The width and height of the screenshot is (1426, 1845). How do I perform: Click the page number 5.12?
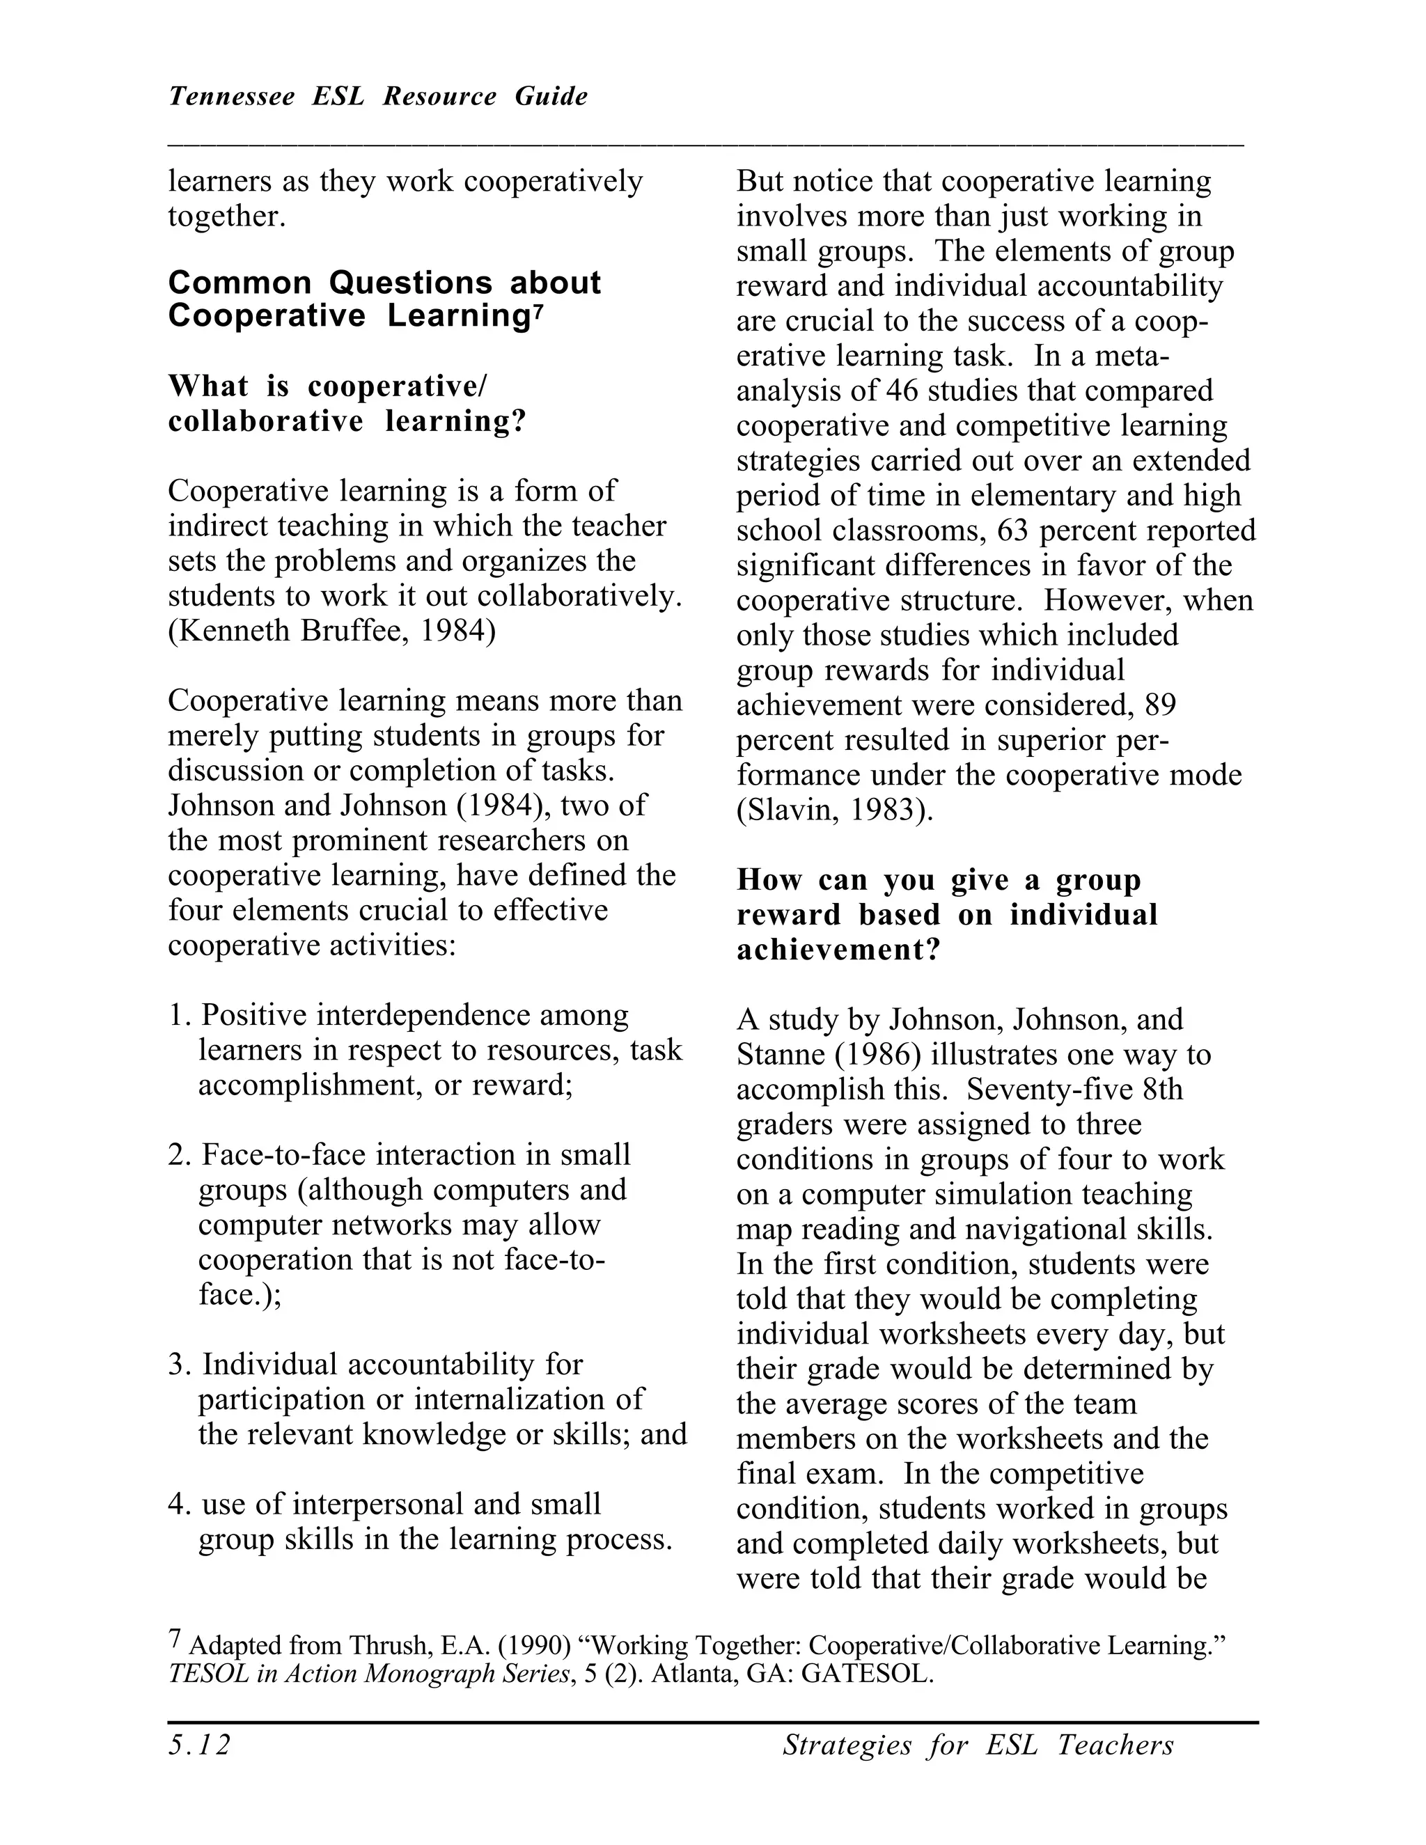199,1745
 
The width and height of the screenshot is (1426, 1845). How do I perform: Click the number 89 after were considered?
1161,705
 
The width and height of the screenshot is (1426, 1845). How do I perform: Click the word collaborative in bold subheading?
265,421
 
